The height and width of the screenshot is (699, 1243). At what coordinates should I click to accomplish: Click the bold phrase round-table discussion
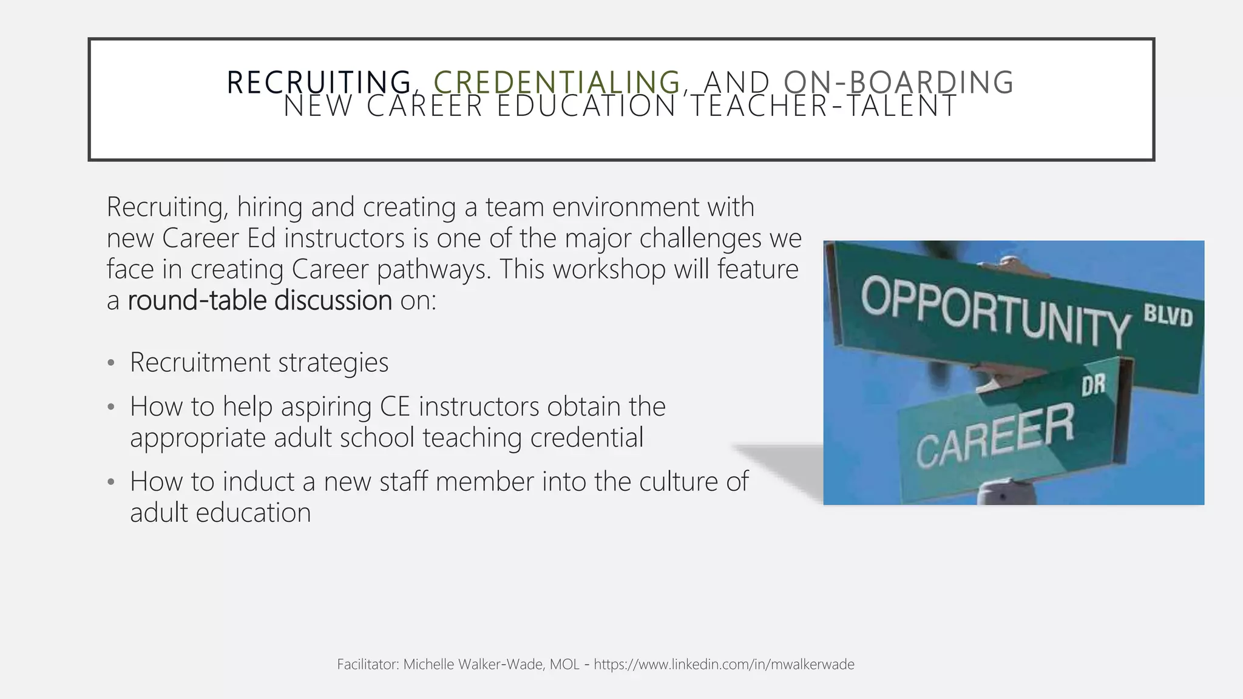(x=260, y=300)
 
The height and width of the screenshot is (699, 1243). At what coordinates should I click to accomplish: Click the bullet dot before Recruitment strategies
(x=110, y=363)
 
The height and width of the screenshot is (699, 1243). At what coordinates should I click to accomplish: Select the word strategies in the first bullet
(x=333, y=363)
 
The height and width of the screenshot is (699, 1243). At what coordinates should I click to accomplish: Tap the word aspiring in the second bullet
(x=326, y=407)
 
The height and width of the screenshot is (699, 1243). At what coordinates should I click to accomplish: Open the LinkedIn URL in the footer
(x=724, y=665)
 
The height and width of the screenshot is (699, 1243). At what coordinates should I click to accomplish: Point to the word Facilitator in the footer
(x=367, y=665)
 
